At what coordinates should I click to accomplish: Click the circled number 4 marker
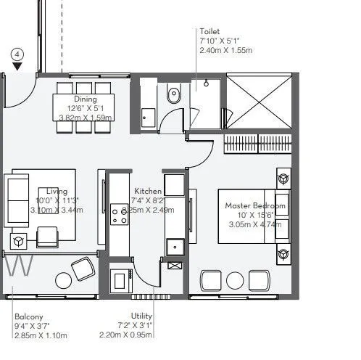17,54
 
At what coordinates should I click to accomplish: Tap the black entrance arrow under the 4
17,67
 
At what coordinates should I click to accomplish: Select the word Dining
85,100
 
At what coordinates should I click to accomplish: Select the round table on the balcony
82,271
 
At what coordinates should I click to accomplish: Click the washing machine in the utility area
120,279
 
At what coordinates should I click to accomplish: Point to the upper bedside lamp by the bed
283,176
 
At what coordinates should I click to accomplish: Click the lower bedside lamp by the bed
283,253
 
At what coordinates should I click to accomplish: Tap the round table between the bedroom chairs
236,281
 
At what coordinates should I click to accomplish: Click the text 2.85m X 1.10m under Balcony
41,335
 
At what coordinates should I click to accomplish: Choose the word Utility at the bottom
141,316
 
